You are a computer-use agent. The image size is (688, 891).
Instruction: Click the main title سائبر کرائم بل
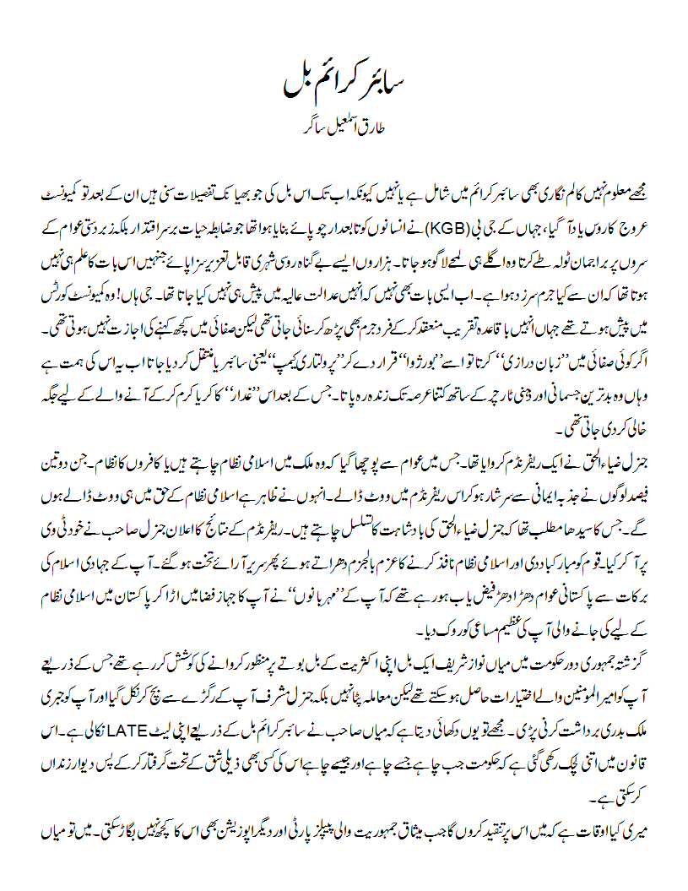pos(344,86)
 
